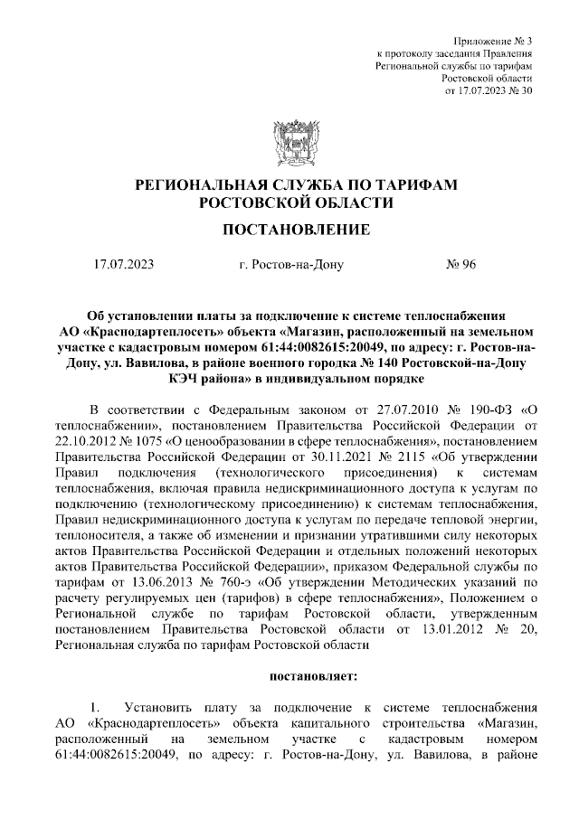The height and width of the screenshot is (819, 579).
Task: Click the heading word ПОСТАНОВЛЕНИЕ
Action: click(296, 230)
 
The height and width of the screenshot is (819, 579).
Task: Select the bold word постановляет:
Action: click(315, 674)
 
